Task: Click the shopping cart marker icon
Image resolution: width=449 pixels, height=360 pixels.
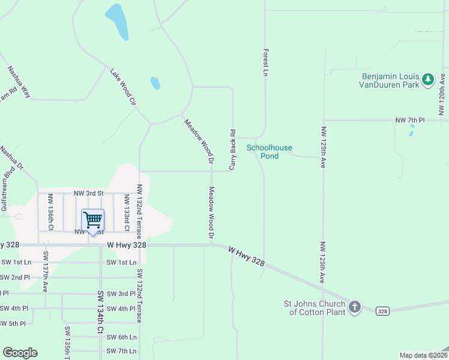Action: [92, 221]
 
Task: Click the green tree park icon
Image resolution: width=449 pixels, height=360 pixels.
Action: [427, 80]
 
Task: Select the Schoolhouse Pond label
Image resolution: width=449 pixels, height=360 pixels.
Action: [263, 151]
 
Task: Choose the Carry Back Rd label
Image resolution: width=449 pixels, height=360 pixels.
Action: [232, 148]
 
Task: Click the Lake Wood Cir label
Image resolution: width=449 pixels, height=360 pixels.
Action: [123, 87]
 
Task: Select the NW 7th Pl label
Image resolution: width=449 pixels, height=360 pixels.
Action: [409, 121]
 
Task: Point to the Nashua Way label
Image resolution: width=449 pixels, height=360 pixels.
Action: [19, 82]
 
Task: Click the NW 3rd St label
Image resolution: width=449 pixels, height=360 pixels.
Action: [89, 193]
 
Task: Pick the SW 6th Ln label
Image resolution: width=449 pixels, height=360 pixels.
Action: [121, 337]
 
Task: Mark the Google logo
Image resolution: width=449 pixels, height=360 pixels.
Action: [20, 353]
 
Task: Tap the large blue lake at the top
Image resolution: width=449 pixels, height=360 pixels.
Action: [117, 22]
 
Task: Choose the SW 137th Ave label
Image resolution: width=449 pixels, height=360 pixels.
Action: [45, 271]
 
